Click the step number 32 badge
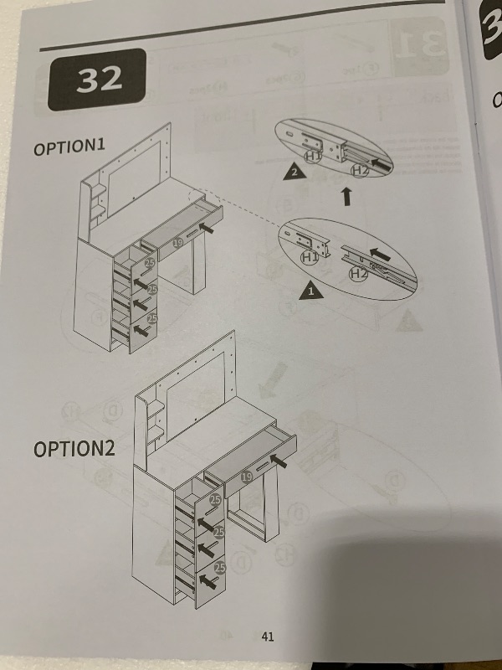point(97,79)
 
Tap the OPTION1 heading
point(69,147)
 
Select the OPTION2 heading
point(74,449)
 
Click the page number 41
point(268,636)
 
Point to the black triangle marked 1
point(310,291)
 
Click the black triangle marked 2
point(295,172)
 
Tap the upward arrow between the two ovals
point(347,196)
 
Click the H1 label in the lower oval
point(310,257)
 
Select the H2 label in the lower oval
point(358,274)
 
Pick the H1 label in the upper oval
point(313,157)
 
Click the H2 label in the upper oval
point(361,171)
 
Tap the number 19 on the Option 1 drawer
point(178,243)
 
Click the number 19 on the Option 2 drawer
point(246,477)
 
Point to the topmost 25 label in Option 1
point(150,263)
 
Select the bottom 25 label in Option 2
point(220,568)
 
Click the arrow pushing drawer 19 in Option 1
point(206,228)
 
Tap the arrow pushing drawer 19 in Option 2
point(279,461)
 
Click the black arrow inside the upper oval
point(382,164)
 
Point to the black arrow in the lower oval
point(380,255)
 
